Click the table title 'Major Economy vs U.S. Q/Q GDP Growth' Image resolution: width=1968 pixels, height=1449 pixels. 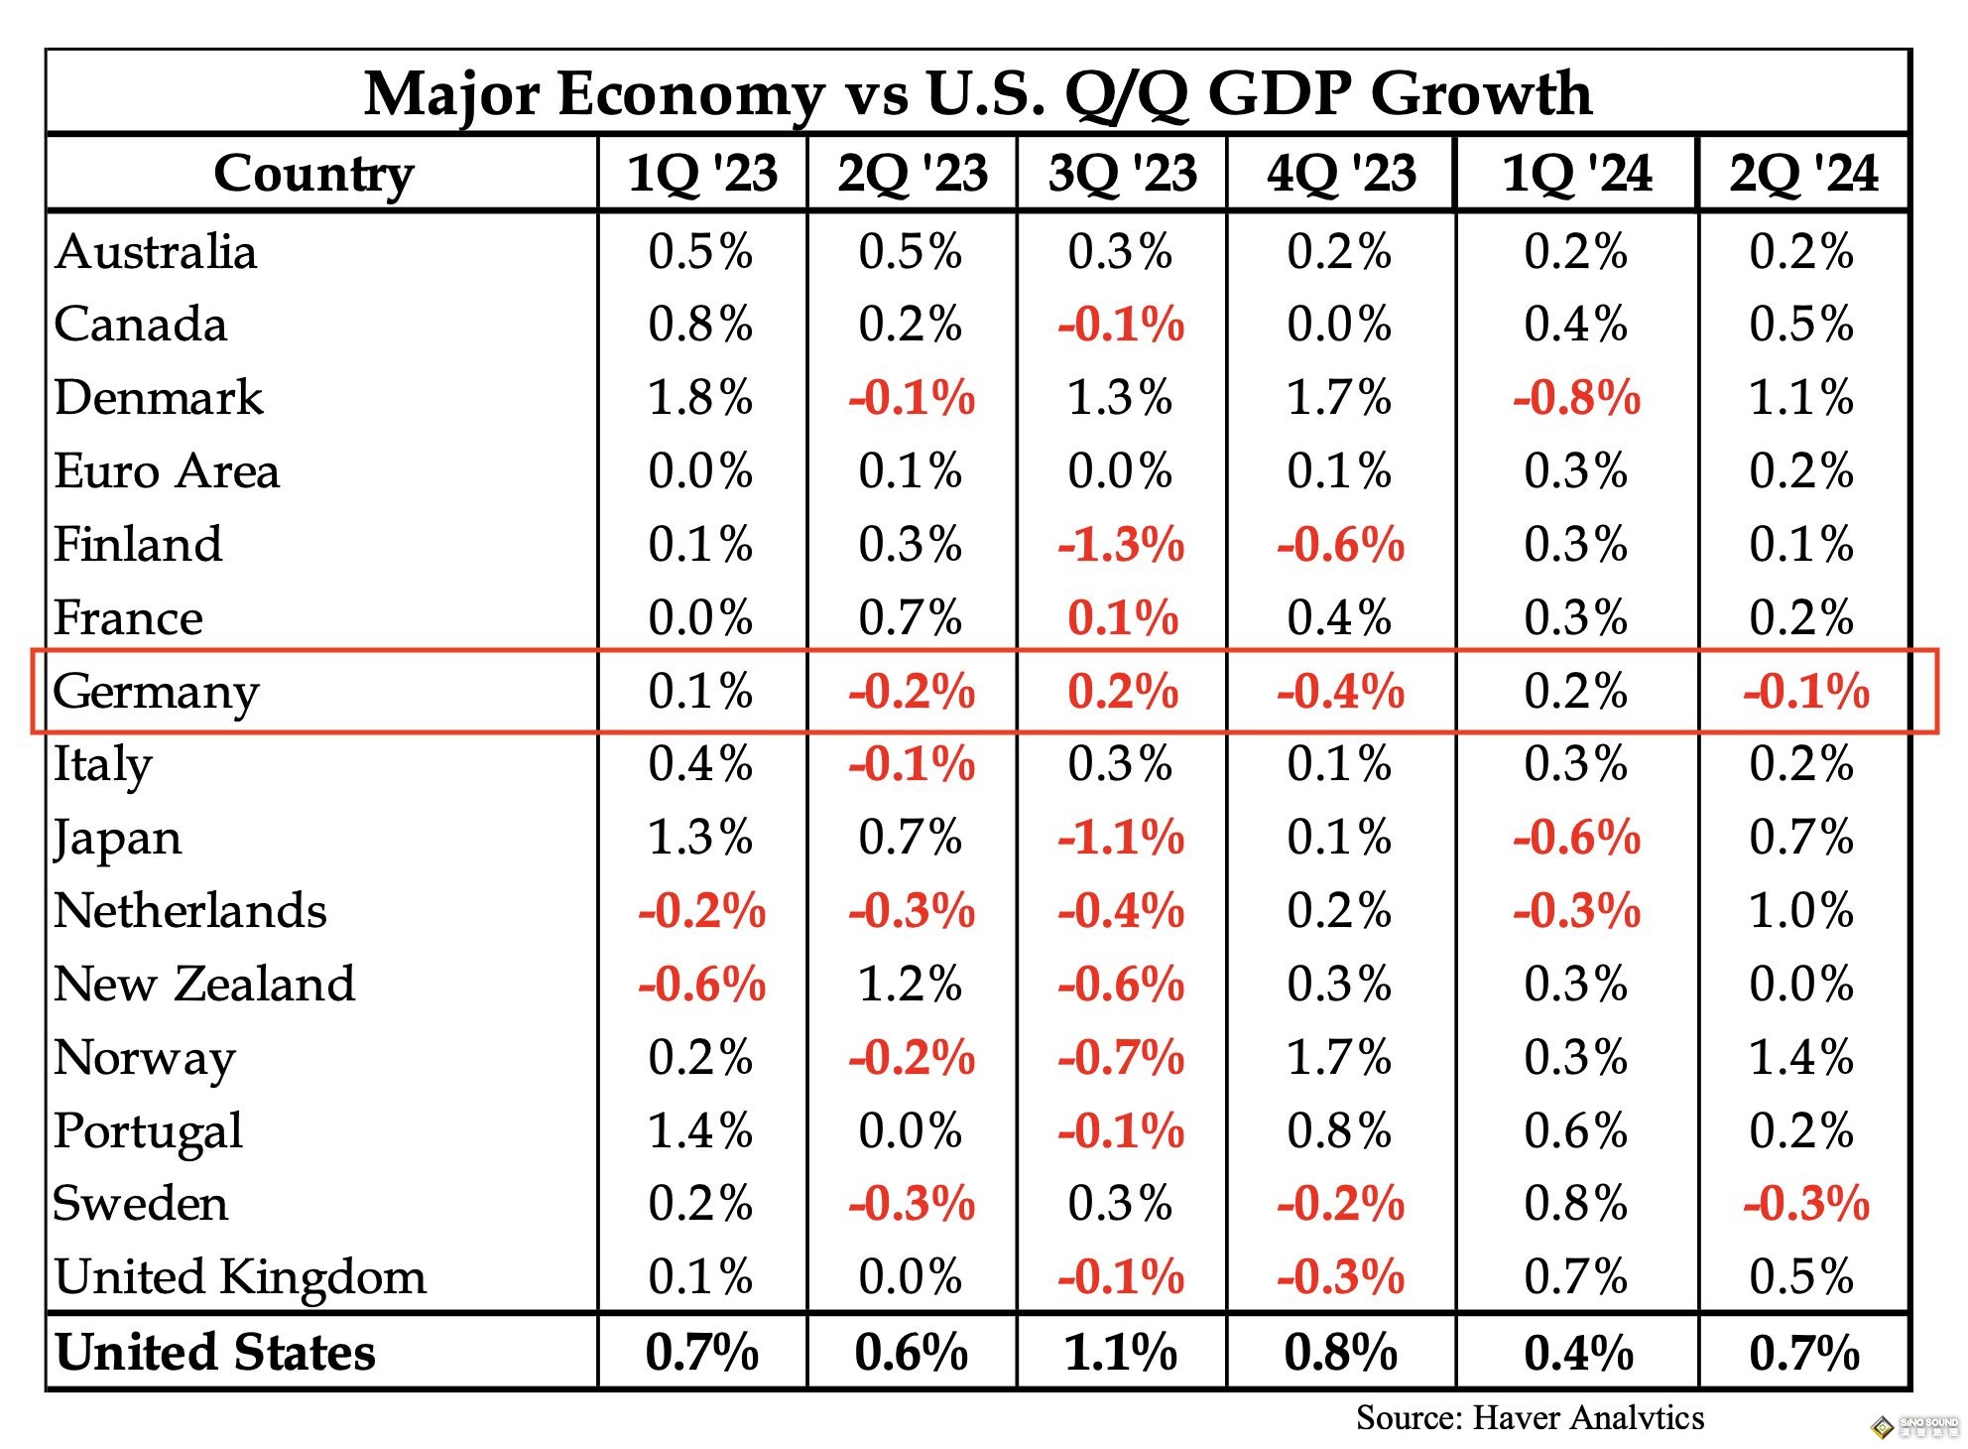[977, 94]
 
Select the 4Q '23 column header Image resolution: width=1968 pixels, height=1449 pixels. [1341, 174]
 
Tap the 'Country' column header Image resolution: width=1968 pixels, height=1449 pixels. [313, 174]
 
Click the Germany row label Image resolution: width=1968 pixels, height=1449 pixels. [156, 692]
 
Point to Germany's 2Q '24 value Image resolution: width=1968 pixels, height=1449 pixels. [1805, 692]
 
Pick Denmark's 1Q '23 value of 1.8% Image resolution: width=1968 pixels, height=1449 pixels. [700, 398]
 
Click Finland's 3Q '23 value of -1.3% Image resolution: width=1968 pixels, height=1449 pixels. [1121, 545]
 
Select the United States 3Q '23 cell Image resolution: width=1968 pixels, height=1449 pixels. [1121, 1353]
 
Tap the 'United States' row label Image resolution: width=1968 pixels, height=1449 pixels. [215, 1353]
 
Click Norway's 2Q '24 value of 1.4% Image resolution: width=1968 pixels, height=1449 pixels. [1801, 1058]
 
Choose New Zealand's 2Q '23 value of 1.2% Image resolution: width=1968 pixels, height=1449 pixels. [911, 985]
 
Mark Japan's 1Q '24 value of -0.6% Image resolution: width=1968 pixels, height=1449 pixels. [1576, 838]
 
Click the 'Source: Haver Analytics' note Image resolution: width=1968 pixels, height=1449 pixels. [1530, 1418]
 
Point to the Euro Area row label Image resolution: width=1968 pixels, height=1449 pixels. [167, 471]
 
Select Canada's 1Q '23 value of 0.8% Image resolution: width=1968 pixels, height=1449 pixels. [700, 325]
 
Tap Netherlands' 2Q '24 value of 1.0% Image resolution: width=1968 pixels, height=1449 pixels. [1801, 911]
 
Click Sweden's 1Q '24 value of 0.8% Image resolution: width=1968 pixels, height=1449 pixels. [1576, 1204]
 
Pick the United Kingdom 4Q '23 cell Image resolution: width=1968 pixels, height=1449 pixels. [1341, 1277]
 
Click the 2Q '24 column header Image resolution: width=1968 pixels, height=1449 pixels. [1803, 174]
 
